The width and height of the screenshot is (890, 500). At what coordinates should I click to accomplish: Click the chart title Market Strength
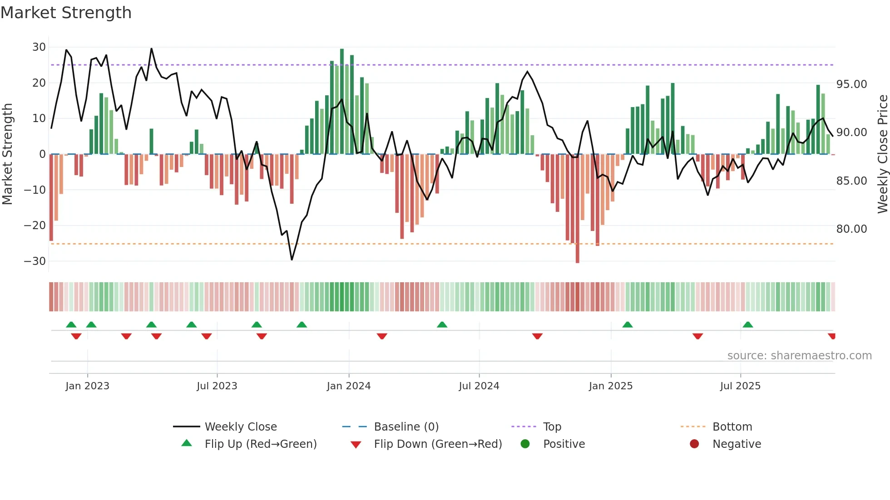66,13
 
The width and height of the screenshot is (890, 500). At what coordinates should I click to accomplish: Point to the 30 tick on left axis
39,47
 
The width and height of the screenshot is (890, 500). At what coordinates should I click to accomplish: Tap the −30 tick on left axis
35,261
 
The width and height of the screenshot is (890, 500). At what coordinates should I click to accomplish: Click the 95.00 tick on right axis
851,84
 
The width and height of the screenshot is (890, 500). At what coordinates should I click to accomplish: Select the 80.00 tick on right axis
851,229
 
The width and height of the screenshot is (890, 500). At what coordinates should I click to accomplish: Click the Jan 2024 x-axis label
348,386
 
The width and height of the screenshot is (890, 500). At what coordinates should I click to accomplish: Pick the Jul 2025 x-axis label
740,386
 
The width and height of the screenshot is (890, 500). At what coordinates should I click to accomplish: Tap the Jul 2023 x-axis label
217,386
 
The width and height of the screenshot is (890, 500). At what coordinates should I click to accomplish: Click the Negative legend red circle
694,444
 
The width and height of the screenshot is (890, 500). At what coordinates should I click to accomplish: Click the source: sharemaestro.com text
799,356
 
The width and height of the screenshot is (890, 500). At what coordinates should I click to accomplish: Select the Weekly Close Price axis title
882,154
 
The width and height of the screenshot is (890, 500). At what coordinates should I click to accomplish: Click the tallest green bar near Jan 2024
342,101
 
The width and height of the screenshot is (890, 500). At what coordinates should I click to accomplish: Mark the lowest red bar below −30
577,209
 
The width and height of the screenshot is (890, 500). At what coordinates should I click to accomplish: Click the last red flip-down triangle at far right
831,336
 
